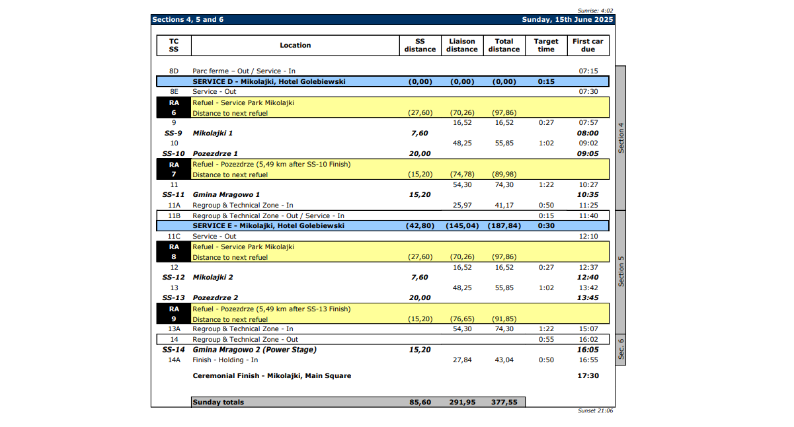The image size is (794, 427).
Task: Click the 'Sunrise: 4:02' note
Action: tap(595, 11)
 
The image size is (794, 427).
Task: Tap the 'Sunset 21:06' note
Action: tap(595, 410)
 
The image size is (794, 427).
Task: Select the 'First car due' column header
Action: tap(588, 45)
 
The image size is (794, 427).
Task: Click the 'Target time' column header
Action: tap(546, 45)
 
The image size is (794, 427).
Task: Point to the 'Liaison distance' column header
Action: tap(461, 45)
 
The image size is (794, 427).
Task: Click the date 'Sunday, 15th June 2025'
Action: tap(567, 20)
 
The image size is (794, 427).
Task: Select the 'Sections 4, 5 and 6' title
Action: tap(188, 20)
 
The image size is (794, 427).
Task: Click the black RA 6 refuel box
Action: tap(174, 108)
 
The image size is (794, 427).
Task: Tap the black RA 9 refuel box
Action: tap(174, 314)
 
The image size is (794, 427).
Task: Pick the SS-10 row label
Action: tap(174, 153)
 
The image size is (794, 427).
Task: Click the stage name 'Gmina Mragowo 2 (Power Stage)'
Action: tap(255, 350)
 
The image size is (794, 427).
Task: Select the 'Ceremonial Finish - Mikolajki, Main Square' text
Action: tap(272, 375)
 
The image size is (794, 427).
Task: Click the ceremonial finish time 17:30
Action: tap(588, 375)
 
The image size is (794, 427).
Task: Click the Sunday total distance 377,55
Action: tap(504, 402)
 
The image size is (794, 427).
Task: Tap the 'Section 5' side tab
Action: tap(621, 271)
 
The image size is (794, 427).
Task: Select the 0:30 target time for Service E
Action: tap(546, 226)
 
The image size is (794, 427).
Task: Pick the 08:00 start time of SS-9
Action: tap(588, 133)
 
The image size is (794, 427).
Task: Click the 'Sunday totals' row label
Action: tap(218, 402)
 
